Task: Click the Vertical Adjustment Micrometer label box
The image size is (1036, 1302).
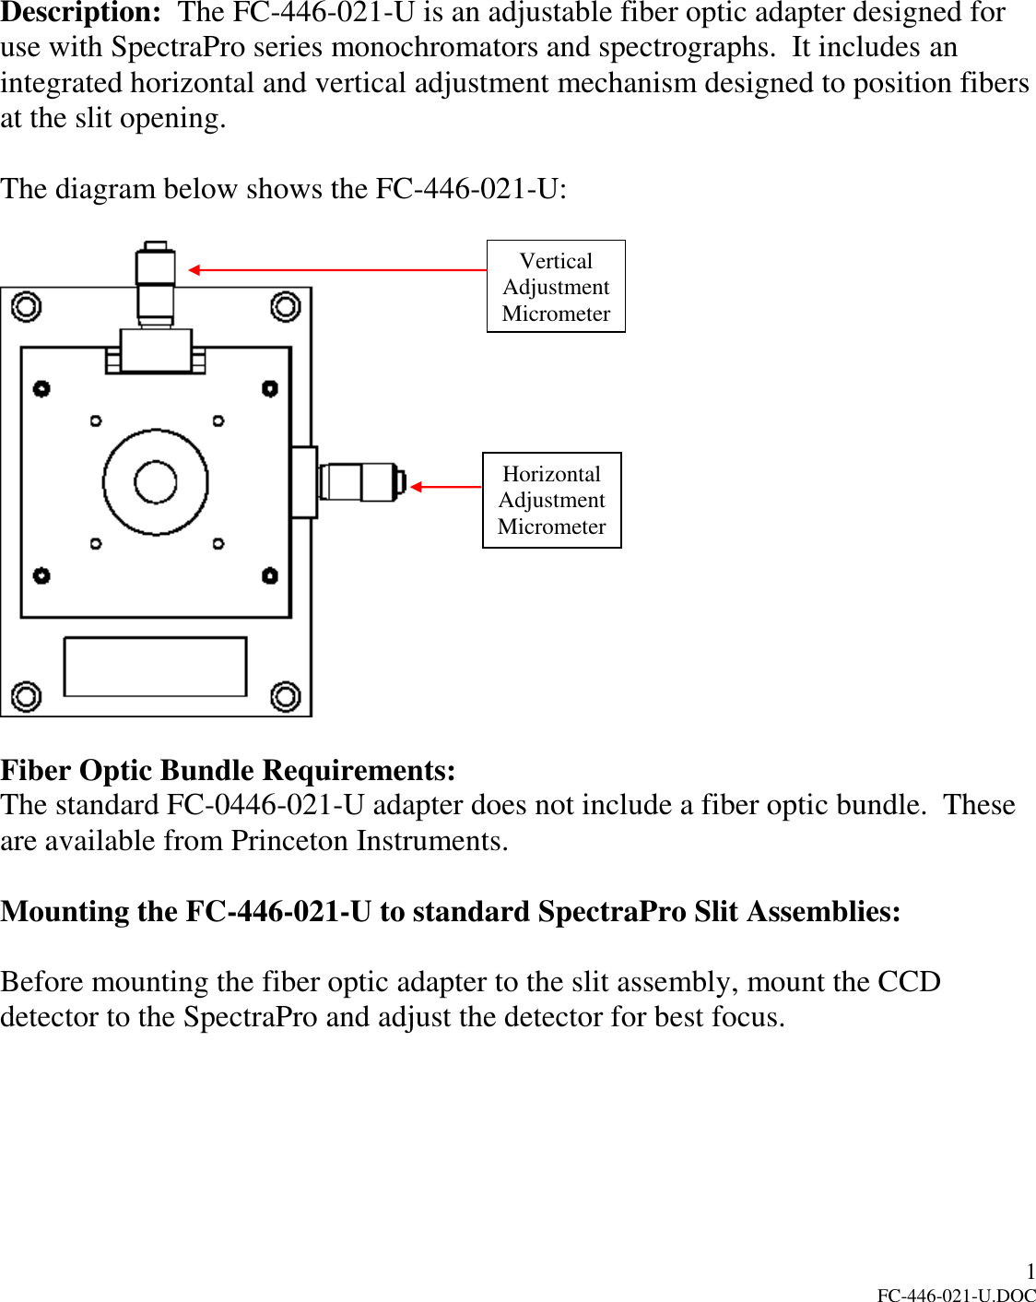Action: (x=556, y=287)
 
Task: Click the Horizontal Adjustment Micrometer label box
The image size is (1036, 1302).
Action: (x=551, y=500)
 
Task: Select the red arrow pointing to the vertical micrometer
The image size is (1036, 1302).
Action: (x=337, y=270)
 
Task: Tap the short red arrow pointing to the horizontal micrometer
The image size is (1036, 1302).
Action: (x=446, y=487)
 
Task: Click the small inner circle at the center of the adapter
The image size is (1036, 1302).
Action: (x=155, y=482)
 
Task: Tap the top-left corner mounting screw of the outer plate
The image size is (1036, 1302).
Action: (x=26, y=306)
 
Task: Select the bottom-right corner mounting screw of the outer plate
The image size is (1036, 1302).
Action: (x=285, y=696)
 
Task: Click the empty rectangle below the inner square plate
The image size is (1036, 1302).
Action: (x=155, y=666)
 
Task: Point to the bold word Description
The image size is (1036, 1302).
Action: (x=80, y=13)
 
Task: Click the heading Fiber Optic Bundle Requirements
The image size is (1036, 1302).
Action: (x=228, y=770)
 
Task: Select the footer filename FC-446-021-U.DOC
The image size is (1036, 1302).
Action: (x=956, y=1295)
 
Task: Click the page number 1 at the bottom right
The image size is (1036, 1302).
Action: (x=1030, y=1272)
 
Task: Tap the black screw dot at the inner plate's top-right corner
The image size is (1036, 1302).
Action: (x=269, y=388)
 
